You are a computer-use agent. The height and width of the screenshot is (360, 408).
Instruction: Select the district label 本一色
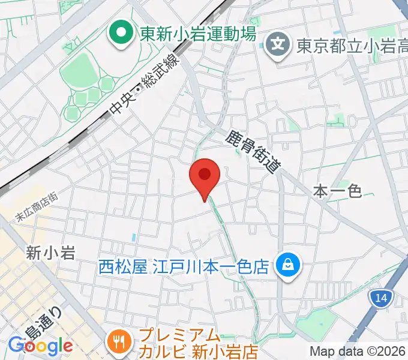tap(338, 191)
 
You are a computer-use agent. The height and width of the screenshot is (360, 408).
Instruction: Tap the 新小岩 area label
tap(51, 253)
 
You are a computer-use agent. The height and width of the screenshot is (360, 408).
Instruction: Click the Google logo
tap(40, 346)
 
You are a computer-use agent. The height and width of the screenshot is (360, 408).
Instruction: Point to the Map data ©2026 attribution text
tap(358, 351)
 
